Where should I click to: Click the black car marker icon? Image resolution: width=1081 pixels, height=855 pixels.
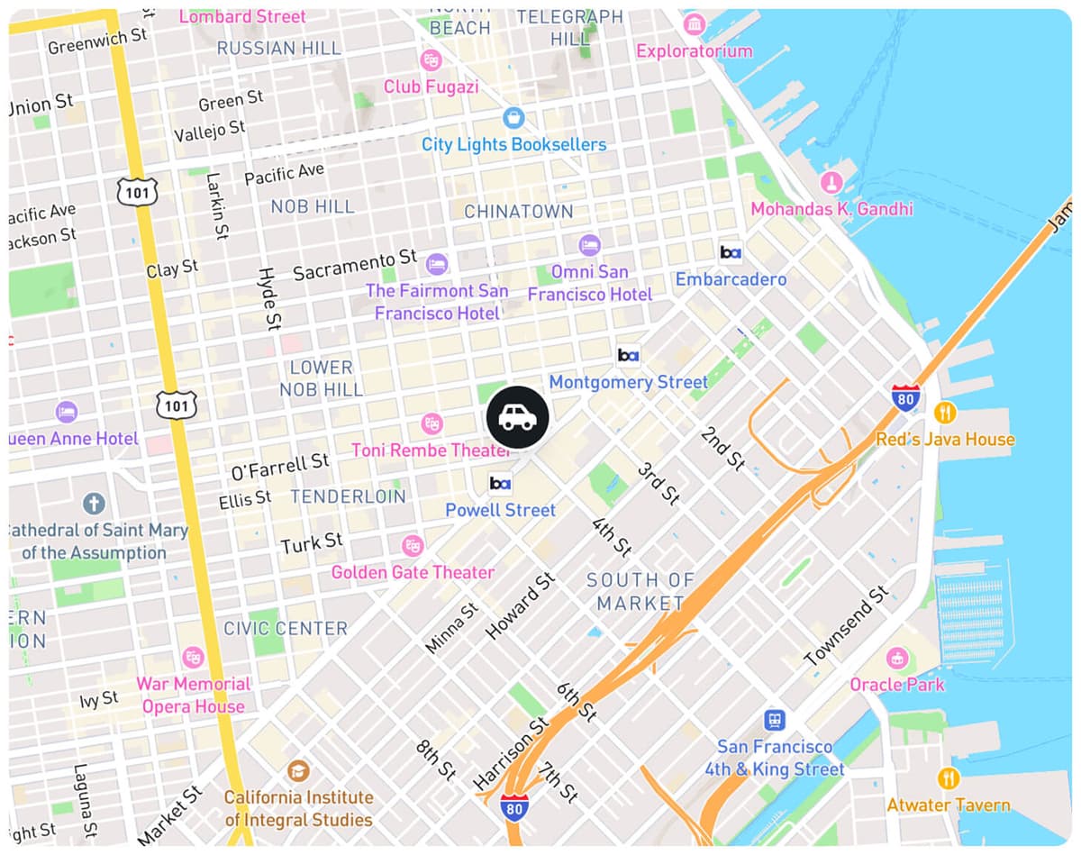pyautogui.click(x=517, y=417)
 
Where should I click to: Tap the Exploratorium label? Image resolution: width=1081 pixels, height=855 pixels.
pyautogui.click(x=694, y=51)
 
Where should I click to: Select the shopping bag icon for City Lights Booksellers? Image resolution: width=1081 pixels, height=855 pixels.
pyautogui.click(x=513, y=118)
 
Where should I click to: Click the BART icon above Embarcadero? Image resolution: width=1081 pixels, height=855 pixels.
pyautogui.click(x=731, y=253)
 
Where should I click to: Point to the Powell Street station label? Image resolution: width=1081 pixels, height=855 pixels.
pyautogui.click(x=500, y=510)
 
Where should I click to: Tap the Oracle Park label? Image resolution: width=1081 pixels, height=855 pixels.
pyautogui.click(x=897, y=685)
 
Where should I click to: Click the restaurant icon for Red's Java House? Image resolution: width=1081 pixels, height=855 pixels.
pyautogui.click(x=945, y=413)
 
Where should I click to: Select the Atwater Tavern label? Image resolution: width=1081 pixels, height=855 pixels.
pyautogui.click(x=949, y=805)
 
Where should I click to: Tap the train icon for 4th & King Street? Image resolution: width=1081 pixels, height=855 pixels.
pyautogui.click(x=774, y=720)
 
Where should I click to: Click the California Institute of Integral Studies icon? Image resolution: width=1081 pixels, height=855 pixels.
pyautogui.click(x=298, y=771)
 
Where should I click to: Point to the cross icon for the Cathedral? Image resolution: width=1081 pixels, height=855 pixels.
pyautogui.click(x=94, y=503)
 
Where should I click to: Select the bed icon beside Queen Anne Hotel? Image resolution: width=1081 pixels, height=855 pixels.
pyautogui.click(x=66, y=413)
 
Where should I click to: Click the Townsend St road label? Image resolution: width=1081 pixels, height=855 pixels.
pyautogui.click(x=846, y=626)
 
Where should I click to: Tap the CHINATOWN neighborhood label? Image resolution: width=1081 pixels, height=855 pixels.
pyautogui.click(x=518, y=212)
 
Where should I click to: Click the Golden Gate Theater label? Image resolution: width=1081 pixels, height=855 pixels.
pyautogui.click(x=413, y=572)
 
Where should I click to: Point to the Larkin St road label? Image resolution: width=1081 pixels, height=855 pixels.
pyautogui.click(x=216, y=205)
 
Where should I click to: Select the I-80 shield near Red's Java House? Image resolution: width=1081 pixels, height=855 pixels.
pyautogui.click(x=905, y=398)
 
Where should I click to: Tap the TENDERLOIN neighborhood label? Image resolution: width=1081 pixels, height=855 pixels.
pyautogui.click(x=348, y=496)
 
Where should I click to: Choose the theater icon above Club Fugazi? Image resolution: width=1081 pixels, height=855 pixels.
pyautogui.click(x=431, y=60)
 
